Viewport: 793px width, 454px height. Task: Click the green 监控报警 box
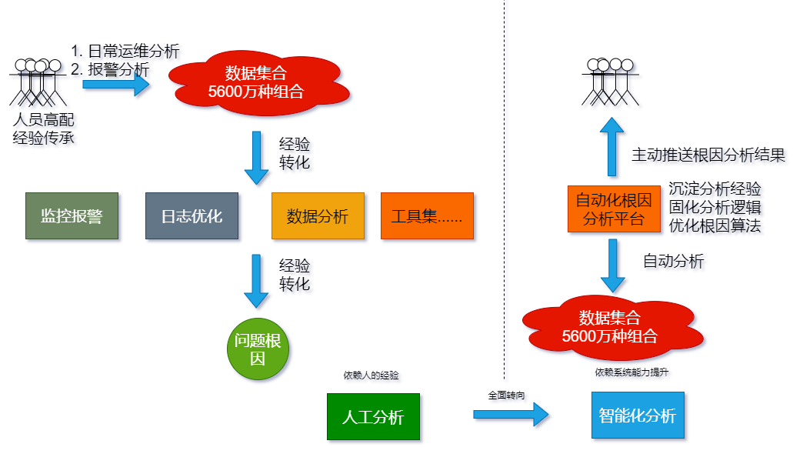tap(72, 215)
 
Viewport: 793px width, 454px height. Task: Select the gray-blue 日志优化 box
tap(192, 215)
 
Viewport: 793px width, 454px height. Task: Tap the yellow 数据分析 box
tap(318, 215)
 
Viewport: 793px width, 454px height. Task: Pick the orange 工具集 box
tap(427, 215)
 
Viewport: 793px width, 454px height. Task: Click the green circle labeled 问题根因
tap(258, 349)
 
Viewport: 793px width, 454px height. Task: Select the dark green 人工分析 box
tap(373, 416)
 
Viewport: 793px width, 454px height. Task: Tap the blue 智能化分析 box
tap(638, 415)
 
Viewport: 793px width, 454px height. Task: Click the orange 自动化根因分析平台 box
tap(614, 209)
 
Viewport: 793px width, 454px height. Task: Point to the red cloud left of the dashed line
tap(258, 82)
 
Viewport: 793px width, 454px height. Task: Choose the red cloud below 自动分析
tap(612, 328)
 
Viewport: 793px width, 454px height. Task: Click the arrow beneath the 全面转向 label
tap(511, 415)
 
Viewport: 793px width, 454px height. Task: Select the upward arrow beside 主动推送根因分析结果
tap(612, 147)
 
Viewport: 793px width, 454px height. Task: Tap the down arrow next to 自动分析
tap(612, 265)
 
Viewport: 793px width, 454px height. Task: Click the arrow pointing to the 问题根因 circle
tap(256, 282)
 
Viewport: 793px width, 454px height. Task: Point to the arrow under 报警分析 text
tap(116, 85)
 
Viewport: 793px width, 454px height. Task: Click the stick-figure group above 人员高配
tap(38, 82)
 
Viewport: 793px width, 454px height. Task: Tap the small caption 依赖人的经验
tap(372, 375)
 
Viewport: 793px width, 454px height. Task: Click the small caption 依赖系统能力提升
tap(631, 372)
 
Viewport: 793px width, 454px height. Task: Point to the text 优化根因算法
tap(715, 225)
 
